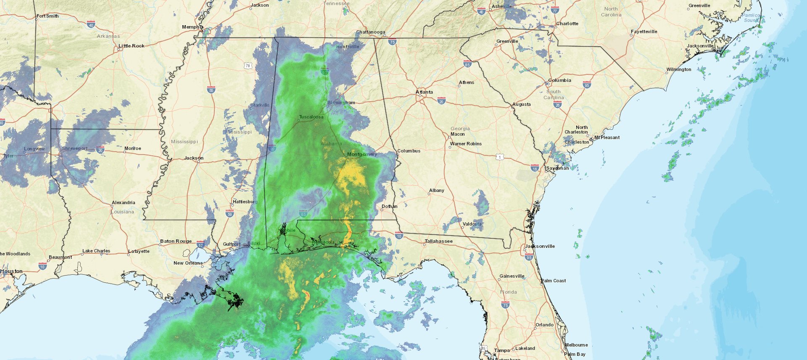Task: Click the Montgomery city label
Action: click(x=362, y=154)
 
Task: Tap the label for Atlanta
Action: click(x=424, y=92)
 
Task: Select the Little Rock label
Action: click(x=131, y=46)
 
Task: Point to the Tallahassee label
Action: click(x=438, y=241)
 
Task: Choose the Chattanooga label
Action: click(x=370, y=32)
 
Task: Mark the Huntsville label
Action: click(x=348, y=47)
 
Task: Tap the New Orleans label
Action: click(x=188, y=263)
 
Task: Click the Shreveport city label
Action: click(x=75, y=148)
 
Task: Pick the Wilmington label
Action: click(x=678, y=69)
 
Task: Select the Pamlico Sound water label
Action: click(x=751, y=18)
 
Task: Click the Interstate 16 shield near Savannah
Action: click(x=535, y=168)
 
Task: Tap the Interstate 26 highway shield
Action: click(x=558, y=104)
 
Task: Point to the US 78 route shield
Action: click(x=248, y=66)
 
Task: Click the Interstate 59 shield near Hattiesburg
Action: click(x=229, y=214)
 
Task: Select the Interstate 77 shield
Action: click(x=555, y=11)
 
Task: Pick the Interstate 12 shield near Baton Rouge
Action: click(x=200, y=244)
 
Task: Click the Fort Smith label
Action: click(x=47, y=16)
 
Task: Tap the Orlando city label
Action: click(x=544, y=325)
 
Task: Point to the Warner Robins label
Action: click(x=466, y=144)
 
